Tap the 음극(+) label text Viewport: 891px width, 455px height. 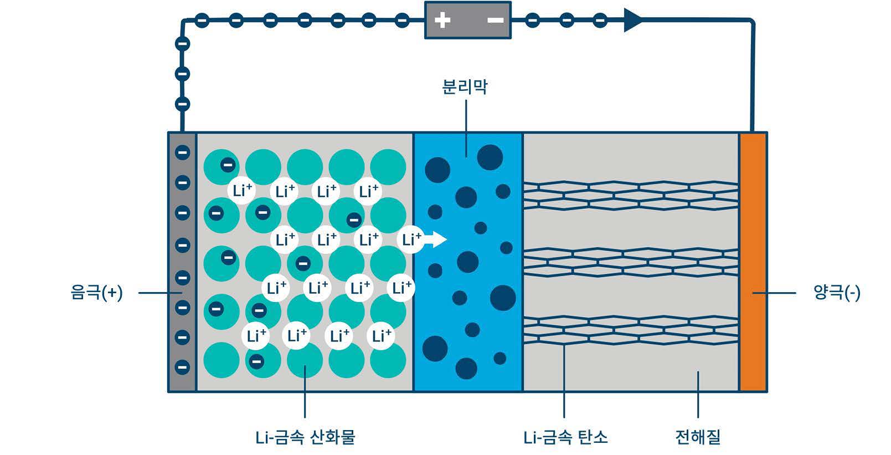pyautogui.click(x=97, y=293)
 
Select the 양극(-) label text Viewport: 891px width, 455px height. pyautogui.click(x=837, y=293)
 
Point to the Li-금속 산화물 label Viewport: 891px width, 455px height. pyautogui.click(x=305, y=438)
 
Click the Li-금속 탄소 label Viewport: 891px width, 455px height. pyautogui.click(x=565, y=438)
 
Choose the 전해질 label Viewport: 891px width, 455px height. pyautogui.click(x=698, y=438)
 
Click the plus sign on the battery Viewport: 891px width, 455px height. pyautogui.click(x=442, y=21)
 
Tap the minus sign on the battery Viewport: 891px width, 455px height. pyautogui.click(x=495, y=21)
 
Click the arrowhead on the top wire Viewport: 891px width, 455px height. pyautogui.click(x=633, y=21)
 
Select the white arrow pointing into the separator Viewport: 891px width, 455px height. pyautogui.click(x=437, y=239)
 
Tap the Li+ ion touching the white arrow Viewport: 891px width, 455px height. pyautogui.click(x=410, y=240)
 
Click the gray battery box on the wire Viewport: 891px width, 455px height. pyautogui.click(x=468, y=21)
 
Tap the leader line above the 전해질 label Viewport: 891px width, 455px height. pyautogui.click(x=698, y=393)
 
